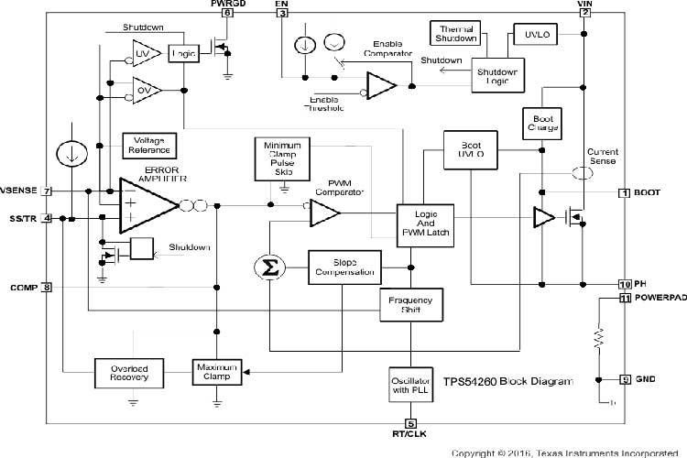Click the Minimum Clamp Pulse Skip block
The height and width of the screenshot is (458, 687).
[284, 159]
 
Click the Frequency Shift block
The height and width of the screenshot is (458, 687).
[411, 306]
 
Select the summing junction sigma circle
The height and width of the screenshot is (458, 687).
[270, 267]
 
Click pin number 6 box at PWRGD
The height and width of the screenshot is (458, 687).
[227, 12]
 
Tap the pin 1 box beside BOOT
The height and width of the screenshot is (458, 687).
[624, 192]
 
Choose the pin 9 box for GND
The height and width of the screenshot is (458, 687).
[625, 379]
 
